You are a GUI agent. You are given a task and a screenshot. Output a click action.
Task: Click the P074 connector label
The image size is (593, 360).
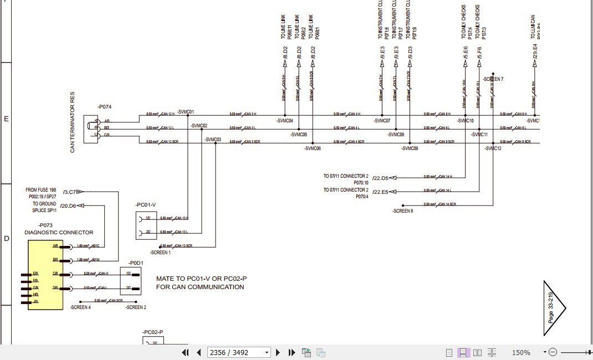click(104, 106)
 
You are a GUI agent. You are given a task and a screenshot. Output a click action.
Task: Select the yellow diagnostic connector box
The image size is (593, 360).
click(45, 275)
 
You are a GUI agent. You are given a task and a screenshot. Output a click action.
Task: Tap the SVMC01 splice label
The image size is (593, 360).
click(186, 112)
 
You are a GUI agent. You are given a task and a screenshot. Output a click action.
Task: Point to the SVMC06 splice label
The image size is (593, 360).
click(313, 148)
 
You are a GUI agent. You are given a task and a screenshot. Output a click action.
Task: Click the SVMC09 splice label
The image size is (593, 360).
click(410, 148)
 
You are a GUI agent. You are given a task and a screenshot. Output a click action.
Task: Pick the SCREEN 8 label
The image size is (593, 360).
click(403, 211)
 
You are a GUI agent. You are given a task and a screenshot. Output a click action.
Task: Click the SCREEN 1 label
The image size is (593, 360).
click(160, 253)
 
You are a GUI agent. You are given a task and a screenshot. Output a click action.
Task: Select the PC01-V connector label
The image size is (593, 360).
click(145, 205)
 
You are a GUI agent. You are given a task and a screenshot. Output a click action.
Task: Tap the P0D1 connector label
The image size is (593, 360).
click(136, 263)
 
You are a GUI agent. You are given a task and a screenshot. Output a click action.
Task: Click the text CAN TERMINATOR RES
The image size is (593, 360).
click(73, 122)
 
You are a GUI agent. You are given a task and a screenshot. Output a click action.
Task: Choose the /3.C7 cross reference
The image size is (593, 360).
click(70, 192)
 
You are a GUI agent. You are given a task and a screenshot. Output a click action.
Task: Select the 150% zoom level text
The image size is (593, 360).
click(521, 352)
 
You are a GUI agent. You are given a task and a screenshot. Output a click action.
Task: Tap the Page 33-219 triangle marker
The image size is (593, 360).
click(553, 307)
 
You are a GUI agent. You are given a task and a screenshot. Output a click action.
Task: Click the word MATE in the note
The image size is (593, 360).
click(165, 279)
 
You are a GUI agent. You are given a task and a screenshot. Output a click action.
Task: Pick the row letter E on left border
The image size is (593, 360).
click(7, 119)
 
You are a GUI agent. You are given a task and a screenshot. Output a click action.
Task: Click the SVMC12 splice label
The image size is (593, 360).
click(493, 148)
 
